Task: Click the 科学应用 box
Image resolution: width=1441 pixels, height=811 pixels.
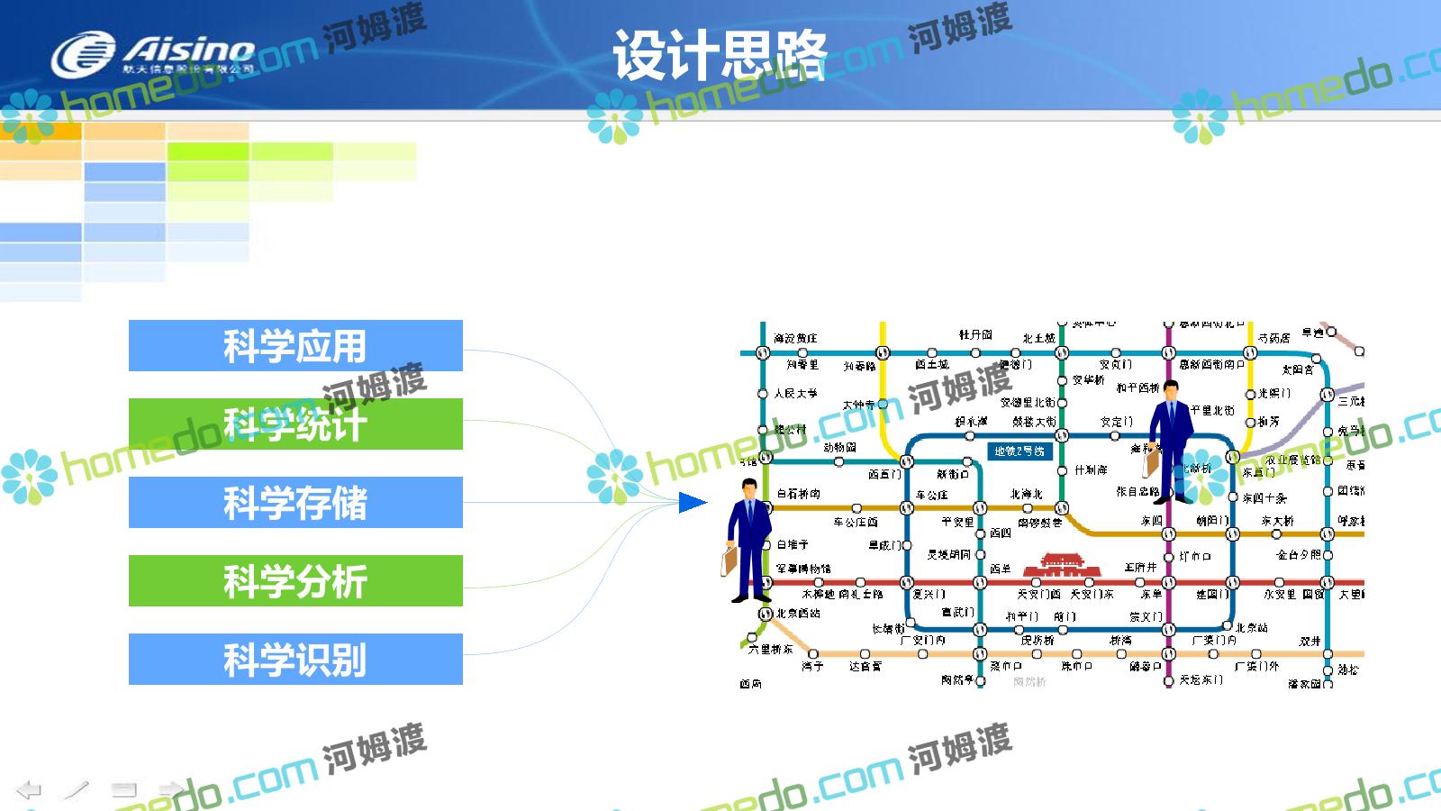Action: coord(295,346)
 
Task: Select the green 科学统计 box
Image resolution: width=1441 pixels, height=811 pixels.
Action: coord(295,424)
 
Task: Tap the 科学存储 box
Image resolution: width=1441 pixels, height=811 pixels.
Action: coord(295,503)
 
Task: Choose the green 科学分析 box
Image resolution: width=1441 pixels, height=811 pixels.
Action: coord(295,581)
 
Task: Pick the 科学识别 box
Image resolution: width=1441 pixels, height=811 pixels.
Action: coord(295,660)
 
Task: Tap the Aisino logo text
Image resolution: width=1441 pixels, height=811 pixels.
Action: coord(189,49)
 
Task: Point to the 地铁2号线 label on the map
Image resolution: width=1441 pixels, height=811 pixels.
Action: coord(1019,451)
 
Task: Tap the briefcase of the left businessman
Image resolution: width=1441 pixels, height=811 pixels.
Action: coord(730,560)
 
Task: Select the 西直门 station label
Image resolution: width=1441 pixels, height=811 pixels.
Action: coord(884,474)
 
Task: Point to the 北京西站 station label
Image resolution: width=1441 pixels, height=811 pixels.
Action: coord(799,613)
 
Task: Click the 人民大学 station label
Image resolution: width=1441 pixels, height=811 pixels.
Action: coord(796,393)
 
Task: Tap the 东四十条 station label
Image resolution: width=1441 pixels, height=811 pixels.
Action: coord(1264,497)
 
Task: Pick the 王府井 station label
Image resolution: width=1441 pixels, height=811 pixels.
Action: coord(1140,568)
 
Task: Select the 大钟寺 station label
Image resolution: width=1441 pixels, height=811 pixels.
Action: coord(858,405)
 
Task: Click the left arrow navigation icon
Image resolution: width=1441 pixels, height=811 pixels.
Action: coord(29,790)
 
